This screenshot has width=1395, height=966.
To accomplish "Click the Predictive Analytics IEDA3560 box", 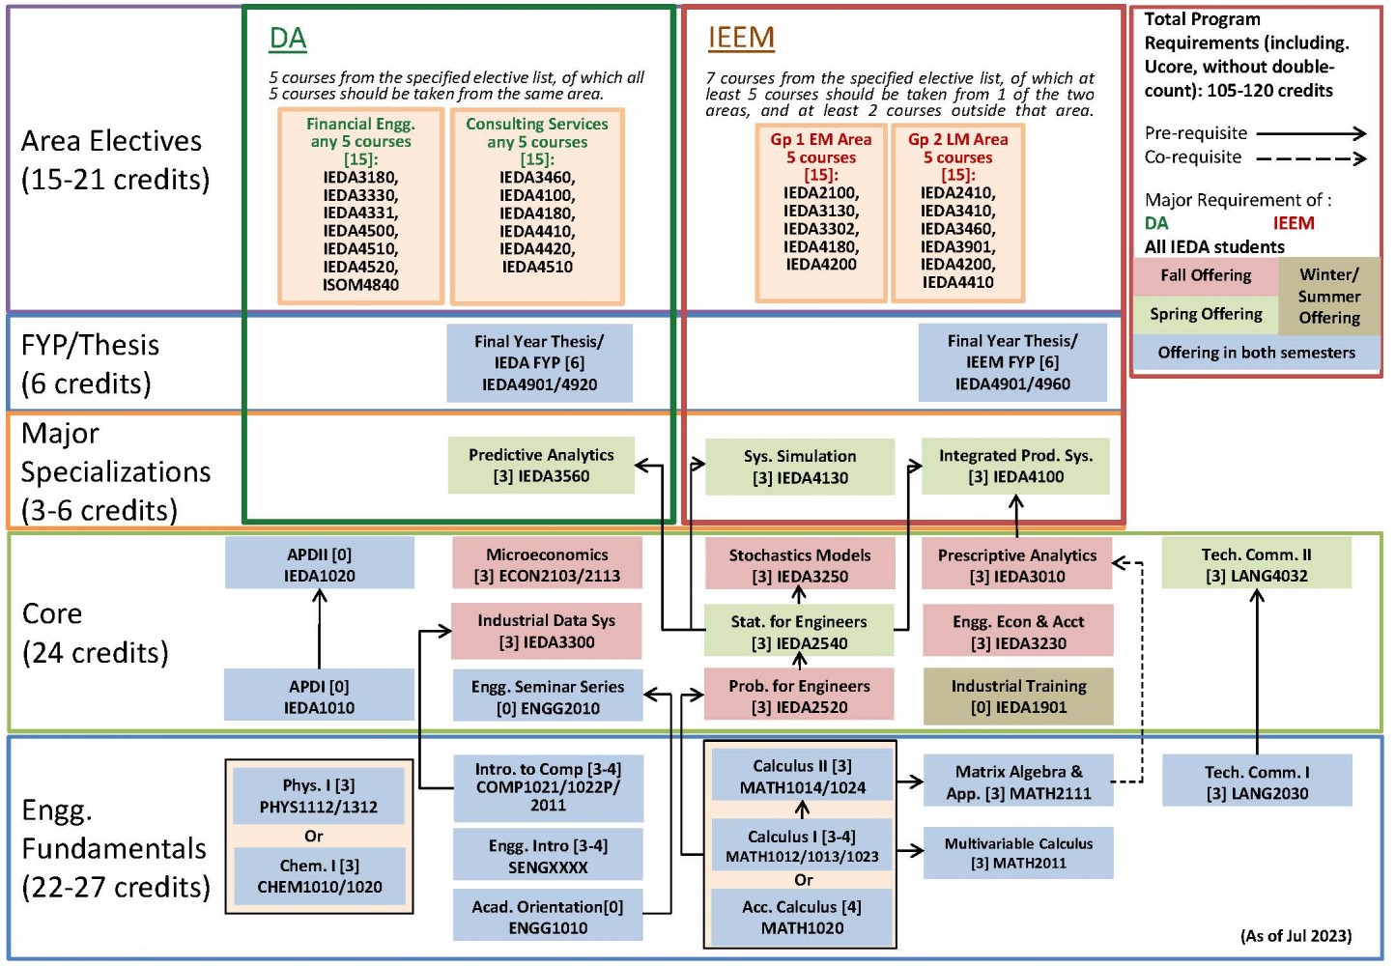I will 541,466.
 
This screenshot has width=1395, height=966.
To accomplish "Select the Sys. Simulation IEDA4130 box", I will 800,467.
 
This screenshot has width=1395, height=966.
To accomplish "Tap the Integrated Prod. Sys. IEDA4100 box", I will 1015,467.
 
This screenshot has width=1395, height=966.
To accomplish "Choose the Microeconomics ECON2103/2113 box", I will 547,565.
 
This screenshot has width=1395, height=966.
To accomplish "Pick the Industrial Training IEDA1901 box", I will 1018,696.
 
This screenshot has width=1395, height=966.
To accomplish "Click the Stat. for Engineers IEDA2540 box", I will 799,632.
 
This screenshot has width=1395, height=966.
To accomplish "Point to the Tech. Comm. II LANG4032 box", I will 1256,565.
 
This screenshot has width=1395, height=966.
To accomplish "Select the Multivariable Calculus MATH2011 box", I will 1018,853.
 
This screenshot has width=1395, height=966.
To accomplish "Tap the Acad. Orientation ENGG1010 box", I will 548,917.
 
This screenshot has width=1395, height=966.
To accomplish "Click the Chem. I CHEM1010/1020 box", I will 319,876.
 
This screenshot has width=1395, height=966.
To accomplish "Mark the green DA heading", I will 288,39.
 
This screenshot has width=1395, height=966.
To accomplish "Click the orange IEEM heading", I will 741,38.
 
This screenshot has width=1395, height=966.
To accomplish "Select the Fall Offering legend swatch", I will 1206,276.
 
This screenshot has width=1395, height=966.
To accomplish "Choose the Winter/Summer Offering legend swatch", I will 1328,297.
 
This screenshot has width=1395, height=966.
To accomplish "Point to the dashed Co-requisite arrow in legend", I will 1311,158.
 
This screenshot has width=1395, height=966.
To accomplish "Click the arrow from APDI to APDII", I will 320,628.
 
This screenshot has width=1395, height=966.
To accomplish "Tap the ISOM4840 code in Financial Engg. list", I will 360,285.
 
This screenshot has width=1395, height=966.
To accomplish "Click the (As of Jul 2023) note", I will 1295,936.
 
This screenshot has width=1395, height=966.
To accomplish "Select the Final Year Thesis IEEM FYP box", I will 1012,362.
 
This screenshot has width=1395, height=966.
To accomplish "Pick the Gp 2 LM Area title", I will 957,140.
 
